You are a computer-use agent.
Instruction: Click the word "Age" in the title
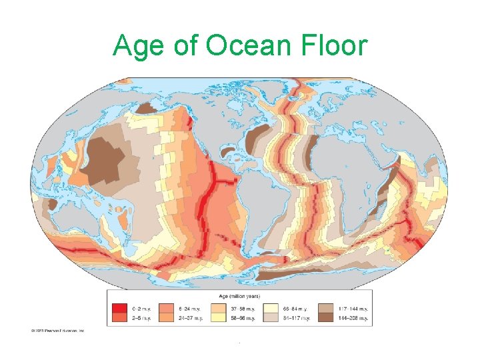(136, 47)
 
